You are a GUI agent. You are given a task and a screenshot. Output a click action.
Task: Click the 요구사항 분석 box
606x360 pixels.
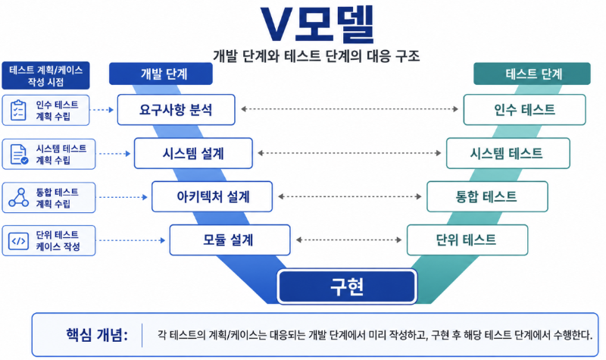tap(176, 110)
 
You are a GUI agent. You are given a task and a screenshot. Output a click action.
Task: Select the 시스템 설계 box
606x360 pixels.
tap(193, 154)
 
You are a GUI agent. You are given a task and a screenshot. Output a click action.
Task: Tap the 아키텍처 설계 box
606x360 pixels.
tap(212, 197)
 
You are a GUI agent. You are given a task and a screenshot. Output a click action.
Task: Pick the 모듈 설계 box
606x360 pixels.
tap(230, 240)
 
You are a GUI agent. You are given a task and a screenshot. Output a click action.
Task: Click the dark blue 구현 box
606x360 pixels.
tap(347, 286)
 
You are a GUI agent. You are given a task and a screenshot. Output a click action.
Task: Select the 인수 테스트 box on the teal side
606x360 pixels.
tap(524, 110)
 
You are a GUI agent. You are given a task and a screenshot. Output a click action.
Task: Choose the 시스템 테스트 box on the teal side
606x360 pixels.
tap(508, 154)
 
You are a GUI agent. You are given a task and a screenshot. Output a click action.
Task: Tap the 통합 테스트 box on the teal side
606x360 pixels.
tap(487, 197)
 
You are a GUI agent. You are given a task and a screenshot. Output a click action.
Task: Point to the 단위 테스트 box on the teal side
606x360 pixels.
tap(467, 240)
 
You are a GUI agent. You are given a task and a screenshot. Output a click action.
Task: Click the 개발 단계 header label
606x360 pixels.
tap(161, 74)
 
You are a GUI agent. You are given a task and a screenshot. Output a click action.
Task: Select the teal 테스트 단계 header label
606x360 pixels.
tap(533, 74)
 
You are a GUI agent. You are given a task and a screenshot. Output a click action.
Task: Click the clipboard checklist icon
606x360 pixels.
tap(17, 110)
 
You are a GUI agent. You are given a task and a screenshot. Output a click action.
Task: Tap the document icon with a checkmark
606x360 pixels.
tap(18, 155)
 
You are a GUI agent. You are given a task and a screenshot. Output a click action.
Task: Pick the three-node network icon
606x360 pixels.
tap(18, 198)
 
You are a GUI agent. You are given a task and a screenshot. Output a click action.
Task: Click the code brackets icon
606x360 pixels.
tap(18, 241)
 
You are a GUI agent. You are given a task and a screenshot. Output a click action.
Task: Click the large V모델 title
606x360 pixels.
tap(317, 24)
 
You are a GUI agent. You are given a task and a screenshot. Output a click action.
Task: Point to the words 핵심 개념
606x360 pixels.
tap(97, 335)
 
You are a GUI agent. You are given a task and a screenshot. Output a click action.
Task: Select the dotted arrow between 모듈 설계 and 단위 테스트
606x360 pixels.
tap(348, 240)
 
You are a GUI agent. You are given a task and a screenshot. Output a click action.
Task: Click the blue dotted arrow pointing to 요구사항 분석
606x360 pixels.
tap(102, 110)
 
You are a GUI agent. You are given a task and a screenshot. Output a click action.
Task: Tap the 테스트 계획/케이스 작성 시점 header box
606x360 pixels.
tap(45, 75)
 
